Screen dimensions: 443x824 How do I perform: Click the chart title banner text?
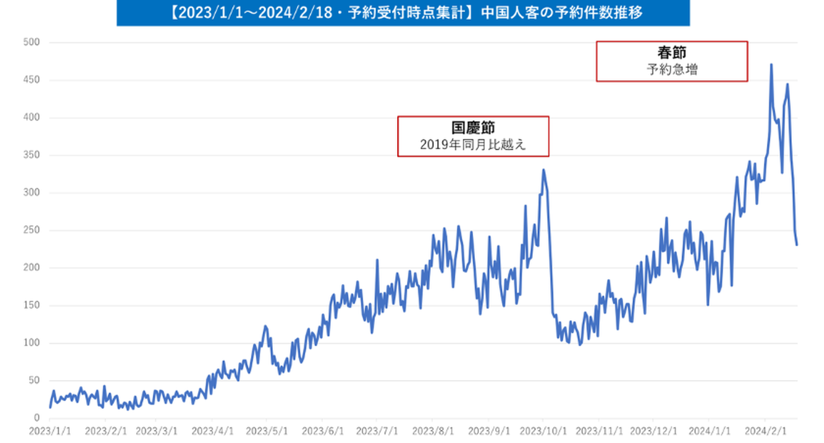[403, 13]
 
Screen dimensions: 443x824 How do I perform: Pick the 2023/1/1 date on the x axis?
[50, 430]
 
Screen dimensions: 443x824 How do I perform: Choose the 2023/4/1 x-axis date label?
[212, 430]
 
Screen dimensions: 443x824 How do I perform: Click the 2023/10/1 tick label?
[543, 430]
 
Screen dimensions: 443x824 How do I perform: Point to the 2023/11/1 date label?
[599, 430]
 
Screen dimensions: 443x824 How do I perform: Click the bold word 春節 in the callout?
[672, 54]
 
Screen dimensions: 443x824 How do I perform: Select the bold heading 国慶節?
[473, 128]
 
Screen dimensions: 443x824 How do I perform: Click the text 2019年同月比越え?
[473, 145]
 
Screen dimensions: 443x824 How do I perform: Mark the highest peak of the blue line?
[771, 65]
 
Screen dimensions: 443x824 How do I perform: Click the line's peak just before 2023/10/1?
[544, 170]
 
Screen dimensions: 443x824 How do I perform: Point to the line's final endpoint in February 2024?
[797, 245]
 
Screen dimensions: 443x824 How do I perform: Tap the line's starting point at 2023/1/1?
[50, 407]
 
